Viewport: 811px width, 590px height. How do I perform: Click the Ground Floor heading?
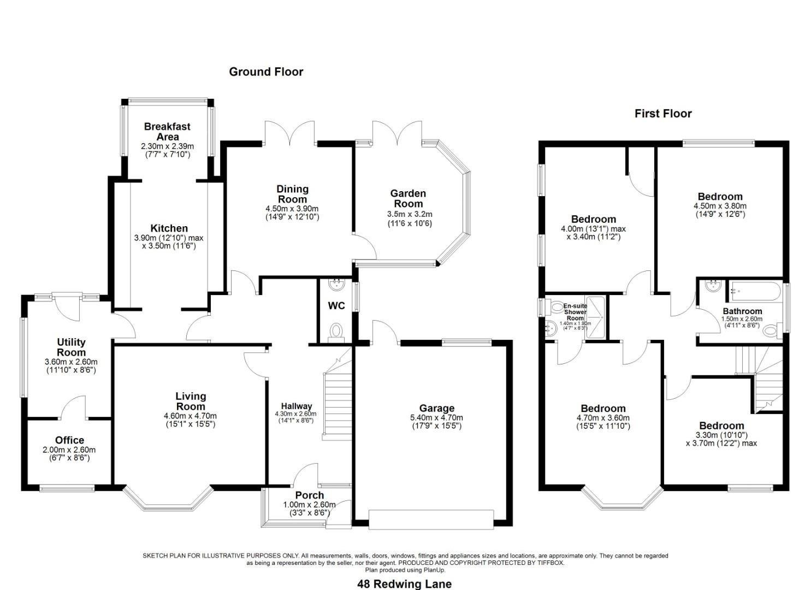pos(266,72)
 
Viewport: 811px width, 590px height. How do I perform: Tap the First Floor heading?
pos(663,114)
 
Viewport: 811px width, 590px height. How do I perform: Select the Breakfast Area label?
pos(167,132)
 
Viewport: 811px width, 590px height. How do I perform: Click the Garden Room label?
pos(408,198)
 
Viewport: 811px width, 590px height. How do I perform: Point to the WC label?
pos(336,306)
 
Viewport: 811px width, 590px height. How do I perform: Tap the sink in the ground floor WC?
pos(337,284)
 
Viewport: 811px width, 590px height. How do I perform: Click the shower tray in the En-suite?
pos(595,317)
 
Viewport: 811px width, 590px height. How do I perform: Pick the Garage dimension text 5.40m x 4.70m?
pos(436,417)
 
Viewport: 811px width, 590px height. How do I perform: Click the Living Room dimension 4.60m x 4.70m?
pos(190,416)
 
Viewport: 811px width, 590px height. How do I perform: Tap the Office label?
pos(69,440)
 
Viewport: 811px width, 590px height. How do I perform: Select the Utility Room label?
pos(72,347)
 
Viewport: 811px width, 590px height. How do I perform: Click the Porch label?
pos(310,495)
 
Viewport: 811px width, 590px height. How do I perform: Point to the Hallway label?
pos(297,406)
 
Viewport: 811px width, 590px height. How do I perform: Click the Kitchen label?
pos(169,228)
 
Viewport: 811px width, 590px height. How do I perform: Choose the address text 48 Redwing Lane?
pos(405,584)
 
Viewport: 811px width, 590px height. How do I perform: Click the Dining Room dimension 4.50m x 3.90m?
pos(292,209)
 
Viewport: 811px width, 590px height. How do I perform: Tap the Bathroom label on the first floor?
pos(742,311)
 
